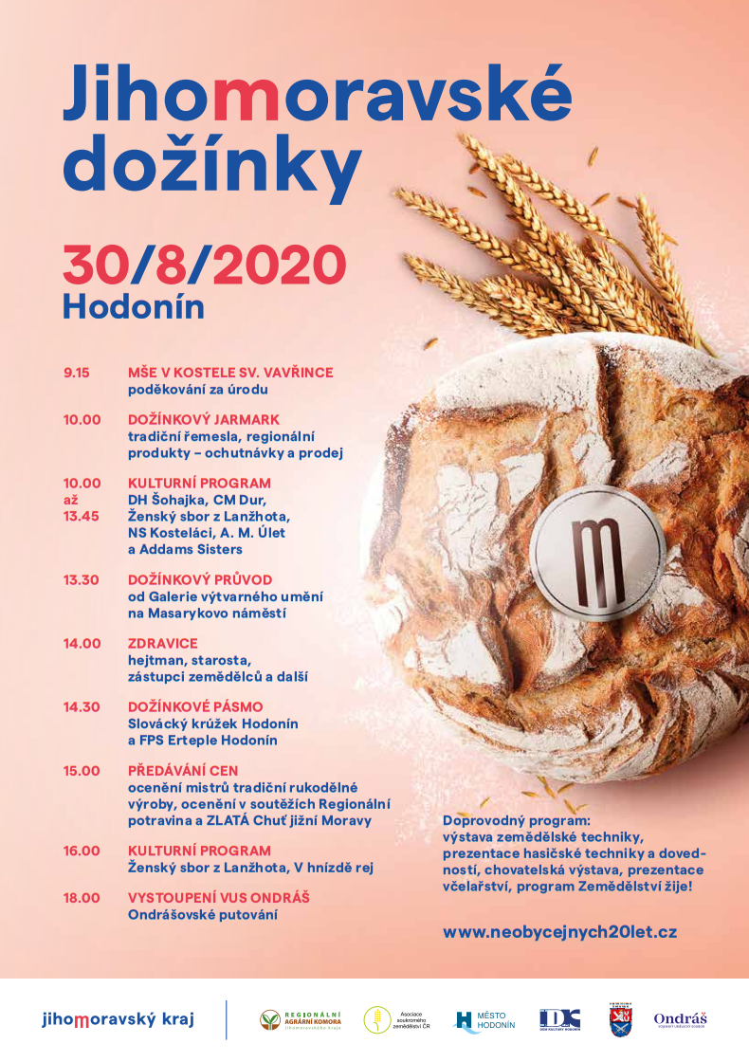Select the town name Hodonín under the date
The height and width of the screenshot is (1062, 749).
pos(133,305)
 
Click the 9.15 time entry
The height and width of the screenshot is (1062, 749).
pos(76,373)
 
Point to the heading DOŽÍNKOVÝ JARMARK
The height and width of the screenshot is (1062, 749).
pos(203,419)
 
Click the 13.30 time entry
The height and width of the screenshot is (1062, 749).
pos(82,578)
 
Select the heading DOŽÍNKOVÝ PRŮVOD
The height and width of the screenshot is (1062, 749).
pos(200,578)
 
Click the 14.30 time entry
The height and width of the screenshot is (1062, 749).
pos(82,706)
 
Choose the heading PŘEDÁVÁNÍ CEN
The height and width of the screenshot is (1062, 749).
pos(183,770)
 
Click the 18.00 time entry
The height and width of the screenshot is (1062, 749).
pos(82,897)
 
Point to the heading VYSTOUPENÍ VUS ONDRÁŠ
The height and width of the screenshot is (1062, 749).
pos(219,897)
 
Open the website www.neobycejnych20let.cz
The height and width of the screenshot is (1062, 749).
pos(559,931)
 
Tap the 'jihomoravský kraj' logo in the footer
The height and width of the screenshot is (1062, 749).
pos(118,1020)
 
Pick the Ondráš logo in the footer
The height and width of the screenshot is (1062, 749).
pos(680,1019)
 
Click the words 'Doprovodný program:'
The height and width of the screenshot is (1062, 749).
pos(516,818)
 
